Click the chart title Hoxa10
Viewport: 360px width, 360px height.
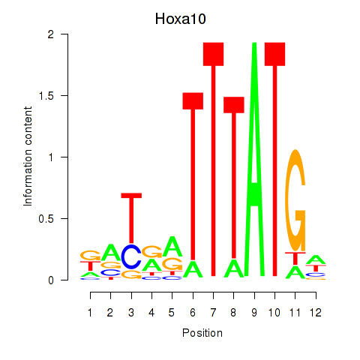tap(180, 19)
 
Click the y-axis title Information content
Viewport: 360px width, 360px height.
tap(28, 157)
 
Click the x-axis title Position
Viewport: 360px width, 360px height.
tap(202, 333)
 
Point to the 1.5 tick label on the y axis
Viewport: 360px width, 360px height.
tap(46, 96)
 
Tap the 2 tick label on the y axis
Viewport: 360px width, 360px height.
tap(51, 34)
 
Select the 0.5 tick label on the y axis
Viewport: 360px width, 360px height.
tap(46, 219)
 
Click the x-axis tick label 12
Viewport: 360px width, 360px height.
tap(316, 313)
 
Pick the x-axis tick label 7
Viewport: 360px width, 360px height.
tap(213, 313)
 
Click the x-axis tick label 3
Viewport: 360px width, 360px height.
tap(131, 313)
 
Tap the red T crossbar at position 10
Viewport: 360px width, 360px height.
tap(275, 54)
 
